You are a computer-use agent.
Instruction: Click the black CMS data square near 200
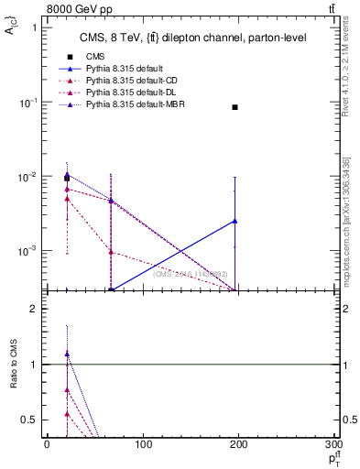(x=235, y=107)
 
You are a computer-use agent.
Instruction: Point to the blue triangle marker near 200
(x=235, y=221)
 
